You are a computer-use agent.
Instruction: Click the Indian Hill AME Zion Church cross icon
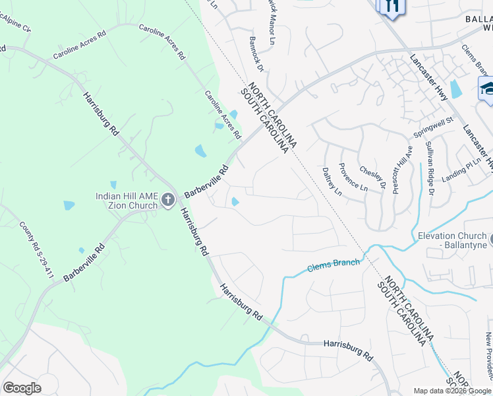coord(168,199)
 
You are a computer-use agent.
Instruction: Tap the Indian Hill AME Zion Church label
coord(127,201)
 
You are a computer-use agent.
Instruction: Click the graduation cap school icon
coord(487,88)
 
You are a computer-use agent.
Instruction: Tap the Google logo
coord(22,388)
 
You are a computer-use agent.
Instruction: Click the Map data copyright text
coord(453,391)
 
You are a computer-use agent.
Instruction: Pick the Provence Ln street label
coord(353,176)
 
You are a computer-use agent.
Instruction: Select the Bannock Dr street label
coord(256,59)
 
